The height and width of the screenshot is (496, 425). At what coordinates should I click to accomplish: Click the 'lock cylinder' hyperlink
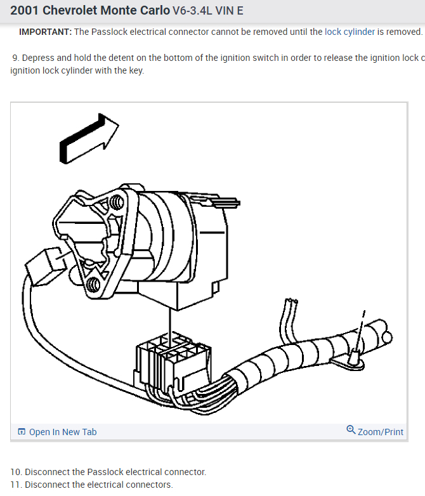349,32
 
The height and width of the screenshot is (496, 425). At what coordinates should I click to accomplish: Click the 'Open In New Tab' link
62,432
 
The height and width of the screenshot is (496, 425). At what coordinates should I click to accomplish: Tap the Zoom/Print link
380,432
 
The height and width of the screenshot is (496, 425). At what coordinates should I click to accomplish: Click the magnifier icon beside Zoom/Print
351,431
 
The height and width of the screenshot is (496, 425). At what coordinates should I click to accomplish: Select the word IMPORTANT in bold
45,32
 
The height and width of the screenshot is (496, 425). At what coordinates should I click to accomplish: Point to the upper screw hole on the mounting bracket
117,203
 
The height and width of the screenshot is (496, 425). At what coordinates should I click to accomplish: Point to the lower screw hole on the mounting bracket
93,284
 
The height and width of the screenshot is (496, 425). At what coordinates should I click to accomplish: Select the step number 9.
15,58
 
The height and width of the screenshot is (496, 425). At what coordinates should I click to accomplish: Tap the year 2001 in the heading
24,11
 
